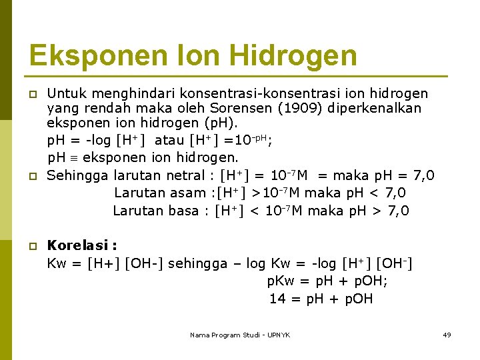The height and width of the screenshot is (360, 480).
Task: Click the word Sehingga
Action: tap(78, 175)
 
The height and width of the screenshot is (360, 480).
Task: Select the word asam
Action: tap(188, 193)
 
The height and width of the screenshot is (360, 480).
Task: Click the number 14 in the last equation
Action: tap(277, 299)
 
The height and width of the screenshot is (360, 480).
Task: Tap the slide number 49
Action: tap(447, 335)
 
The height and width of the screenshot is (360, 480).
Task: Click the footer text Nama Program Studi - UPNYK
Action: tap(240, 335)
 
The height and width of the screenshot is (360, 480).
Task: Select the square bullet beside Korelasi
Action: tap(32, 247)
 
